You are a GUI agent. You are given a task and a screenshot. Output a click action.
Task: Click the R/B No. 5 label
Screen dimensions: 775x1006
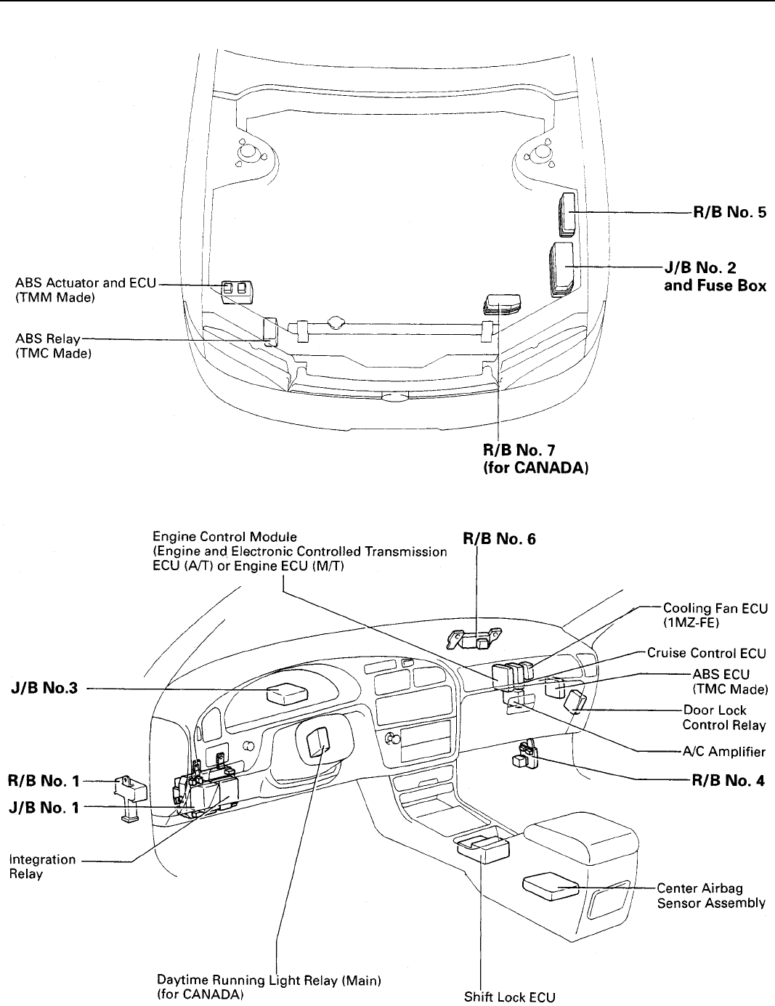click(730, 212)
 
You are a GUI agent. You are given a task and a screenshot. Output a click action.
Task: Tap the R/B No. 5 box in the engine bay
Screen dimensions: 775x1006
click(567, 214)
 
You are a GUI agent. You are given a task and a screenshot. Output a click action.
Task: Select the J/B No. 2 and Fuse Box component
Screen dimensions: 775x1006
click(562, 269)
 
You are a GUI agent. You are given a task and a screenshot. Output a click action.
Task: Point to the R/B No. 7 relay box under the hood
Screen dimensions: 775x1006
click(502, 304)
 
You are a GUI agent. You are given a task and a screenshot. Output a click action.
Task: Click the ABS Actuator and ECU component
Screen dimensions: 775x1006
click(237, 292)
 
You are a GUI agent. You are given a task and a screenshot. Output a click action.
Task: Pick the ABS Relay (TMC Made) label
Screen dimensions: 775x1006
click(53, 346)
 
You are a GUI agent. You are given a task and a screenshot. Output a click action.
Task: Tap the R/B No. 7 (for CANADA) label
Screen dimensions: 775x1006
click(535, 458)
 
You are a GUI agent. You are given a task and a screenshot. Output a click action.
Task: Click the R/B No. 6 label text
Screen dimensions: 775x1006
click(500, 538)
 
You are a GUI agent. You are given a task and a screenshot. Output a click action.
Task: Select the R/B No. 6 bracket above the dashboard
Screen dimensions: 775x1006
click(474, 638)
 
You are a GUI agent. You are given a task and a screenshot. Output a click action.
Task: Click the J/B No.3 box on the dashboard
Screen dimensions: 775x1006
click(287, 693)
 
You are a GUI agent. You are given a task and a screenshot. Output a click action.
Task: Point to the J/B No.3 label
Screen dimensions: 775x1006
click(44, 687)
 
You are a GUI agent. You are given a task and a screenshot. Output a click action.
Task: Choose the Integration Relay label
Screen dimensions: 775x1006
click(42, 867)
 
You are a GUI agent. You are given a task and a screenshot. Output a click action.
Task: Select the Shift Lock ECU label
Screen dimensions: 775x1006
click(509, 997)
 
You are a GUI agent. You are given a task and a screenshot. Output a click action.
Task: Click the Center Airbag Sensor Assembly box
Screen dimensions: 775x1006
click(551, 887)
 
